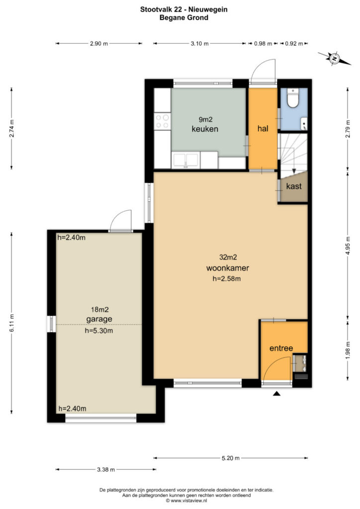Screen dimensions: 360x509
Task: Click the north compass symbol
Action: click(x=334, y=59)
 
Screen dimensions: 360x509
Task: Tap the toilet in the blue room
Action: click(x=293, y=97)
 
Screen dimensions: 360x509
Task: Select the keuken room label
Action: click(x=205, y=129)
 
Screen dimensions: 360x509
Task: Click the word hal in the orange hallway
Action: click(x=263, y=129)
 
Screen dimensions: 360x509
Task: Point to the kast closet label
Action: click(x=294, y=186)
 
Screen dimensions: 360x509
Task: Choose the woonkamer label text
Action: click(x=228, y=268)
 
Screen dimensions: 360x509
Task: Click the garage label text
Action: click(x=99, y=319)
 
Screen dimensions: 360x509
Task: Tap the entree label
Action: click(x=281, y=348)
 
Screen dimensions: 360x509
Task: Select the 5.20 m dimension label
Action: click(x=231, y=458)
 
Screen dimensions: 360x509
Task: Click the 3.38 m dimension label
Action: click(x=106, y=469)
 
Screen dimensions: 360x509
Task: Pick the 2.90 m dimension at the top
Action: click(x=99, y=44)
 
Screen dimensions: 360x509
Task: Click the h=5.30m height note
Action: click(x=99, y=331)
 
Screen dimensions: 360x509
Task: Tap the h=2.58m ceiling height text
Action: click(x=227, y=278)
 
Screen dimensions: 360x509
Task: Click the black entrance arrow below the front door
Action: click(x=276, y=394)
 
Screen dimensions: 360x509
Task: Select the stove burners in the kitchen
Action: click(x=162, y=121)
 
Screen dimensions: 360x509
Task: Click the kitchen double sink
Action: click(x=185, y=161)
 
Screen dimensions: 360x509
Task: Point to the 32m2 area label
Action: click(x=228, y=257)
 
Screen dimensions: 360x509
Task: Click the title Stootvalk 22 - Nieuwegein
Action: click(x=184, y=9)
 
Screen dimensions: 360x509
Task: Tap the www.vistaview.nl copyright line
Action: click(x=186, y=501)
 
